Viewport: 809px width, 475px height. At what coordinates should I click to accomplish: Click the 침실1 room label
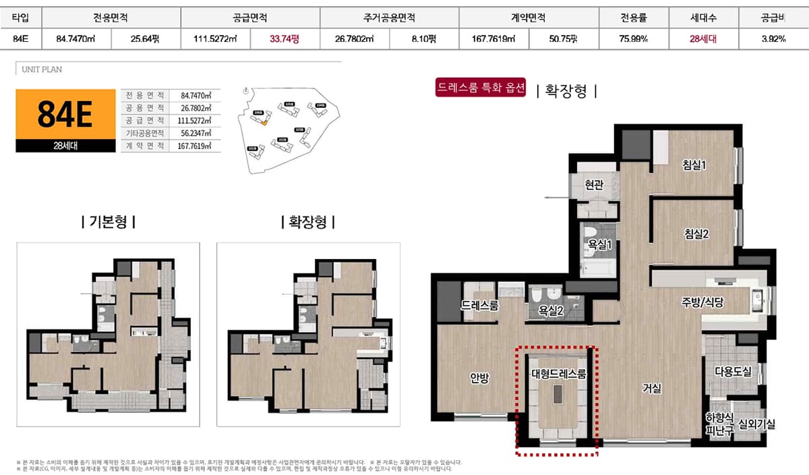(x=694, y=164)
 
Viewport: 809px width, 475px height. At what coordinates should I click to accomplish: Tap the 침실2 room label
(x=696, y=234)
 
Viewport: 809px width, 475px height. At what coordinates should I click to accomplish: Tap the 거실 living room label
(x=652, y=388)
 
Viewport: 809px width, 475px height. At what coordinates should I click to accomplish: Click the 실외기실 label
(x=756, y=424)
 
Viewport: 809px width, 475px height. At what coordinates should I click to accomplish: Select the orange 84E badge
(x=65, y=115)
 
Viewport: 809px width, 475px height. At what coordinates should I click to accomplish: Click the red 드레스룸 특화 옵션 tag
(x=480, y=88)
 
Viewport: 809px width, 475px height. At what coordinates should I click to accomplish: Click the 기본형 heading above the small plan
(x=107, y=221)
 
